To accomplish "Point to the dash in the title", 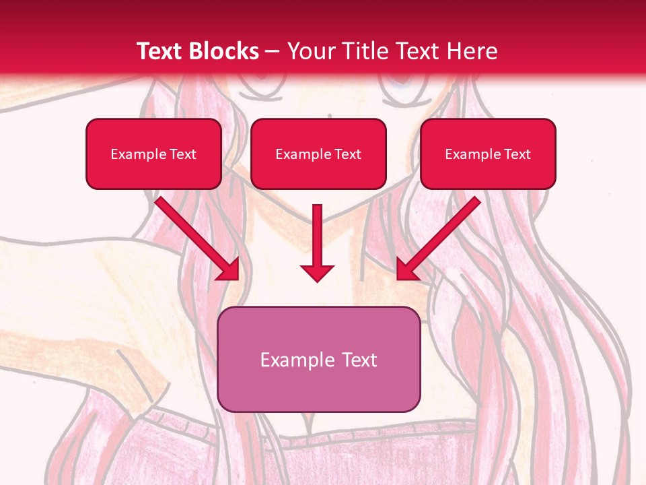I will click(273, 52).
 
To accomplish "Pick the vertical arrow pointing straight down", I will click(317, 239).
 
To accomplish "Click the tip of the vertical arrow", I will click(317, 279).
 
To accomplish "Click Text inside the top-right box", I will click(517, 154).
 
